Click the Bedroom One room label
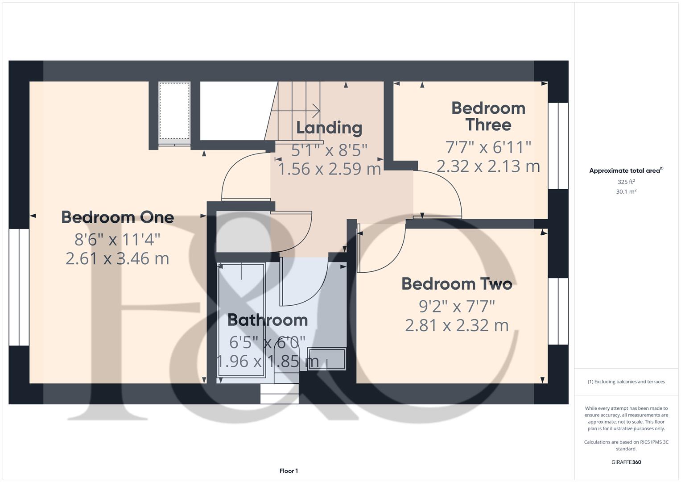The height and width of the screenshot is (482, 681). point(117,217)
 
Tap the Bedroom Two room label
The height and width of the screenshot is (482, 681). point(457,284)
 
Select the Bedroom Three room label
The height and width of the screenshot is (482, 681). point(488,116)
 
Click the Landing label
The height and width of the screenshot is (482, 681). point(329,128)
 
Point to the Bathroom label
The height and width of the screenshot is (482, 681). point(268,320)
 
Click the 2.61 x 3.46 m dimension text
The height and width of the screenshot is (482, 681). point(117,258)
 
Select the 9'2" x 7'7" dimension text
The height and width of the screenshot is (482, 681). point(457,306)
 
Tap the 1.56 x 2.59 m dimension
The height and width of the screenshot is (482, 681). point(329,169)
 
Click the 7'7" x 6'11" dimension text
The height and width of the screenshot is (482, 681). point(488,147)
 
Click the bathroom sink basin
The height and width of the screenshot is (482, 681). point(326,359)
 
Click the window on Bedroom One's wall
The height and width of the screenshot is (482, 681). point(19,287)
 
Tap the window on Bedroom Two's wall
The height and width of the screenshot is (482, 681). point(558,311)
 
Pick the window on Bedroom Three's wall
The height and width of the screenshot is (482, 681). point(558,145)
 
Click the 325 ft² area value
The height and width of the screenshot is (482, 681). point(626,182)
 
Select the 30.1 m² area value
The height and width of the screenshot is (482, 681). point(626,191)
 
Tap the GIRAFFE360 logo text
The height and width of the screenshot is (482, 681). point(626,462)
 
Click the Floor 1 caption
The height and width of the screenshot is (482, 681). point(289,471)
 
